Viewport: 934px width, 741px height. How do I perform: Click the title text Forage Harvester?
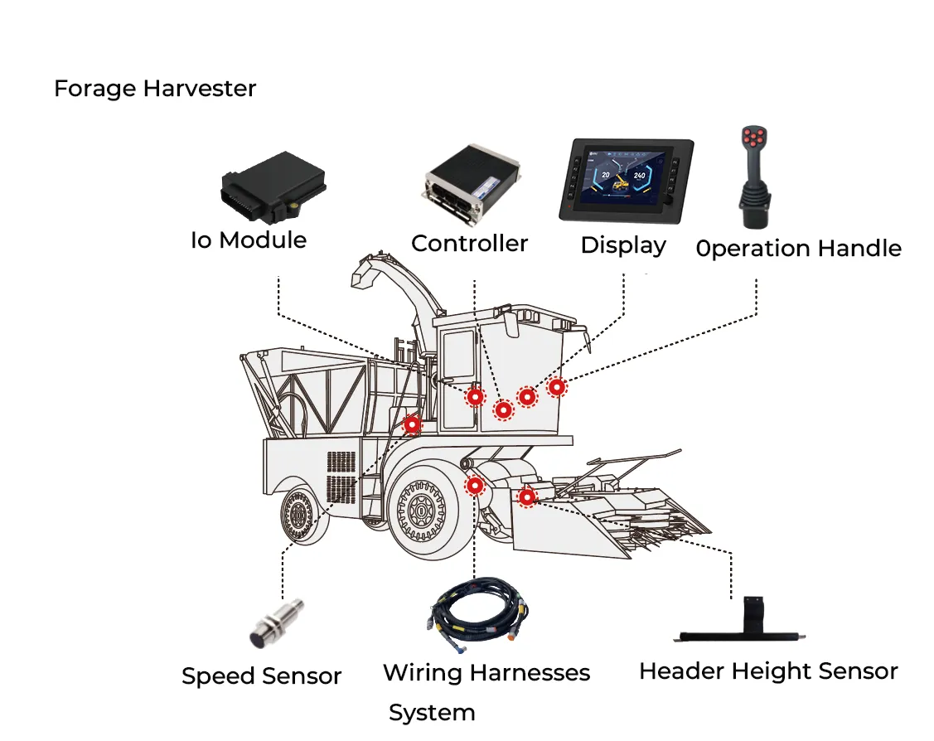click(x=155, y=89)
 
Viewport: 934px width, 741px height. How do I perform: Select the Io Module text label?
click(x=249, y=240)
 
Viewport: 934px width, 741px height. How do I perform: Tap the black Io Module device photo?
click(x=271, y=189)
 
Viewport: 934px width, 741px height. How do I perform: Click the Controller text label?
click(x=469, y=244)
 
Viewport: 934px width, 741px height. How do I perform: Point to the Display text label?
click(x=622, y=245)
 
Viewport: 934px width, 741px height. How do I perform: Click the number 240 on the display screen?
click(x=639, y=176)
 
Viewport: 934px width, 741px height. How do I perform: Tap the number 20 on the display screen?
click(x=606, y=176)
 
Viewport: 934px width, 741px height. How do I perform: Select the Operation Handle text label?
click(x=798, y=249)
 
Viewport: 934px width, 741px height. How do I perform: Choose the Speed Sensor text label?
click(x=261, y=676)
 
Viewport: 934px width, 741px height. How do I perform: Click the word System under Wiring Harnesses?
click(x=432, y=713)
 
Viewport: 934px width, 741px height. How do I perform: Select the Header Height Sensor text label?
click(x=768, y=671)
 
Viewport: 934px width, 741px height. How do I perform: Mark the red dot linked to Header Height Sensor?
click(x=526, y=496)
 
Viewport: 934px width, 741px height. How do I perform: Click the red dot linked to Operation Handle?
click(x=557, y=386)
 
